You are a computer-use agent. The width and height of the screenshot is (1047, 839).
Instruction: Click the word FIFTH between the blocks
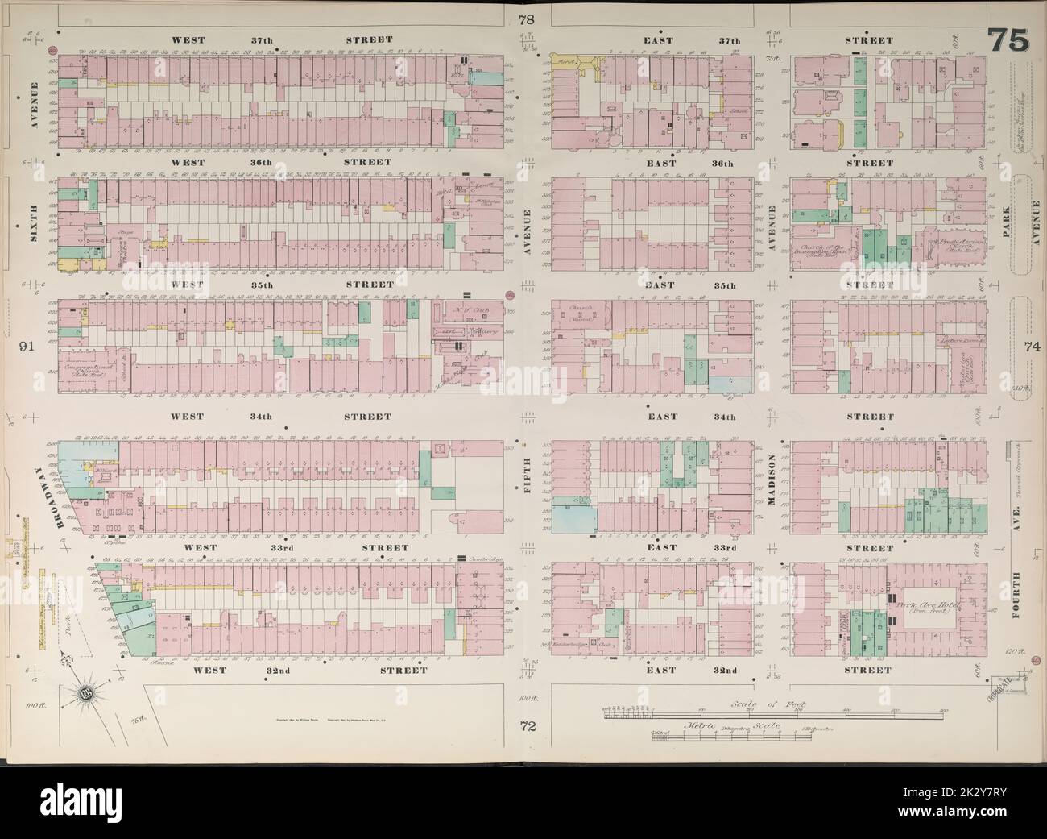pos(528,482)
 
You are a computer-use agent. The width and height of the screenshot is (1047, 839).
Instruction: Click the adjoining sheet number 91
pos(25,347)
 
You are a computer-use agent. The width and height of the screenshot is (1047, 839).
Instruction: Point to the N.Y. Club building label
pos(465,313)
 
